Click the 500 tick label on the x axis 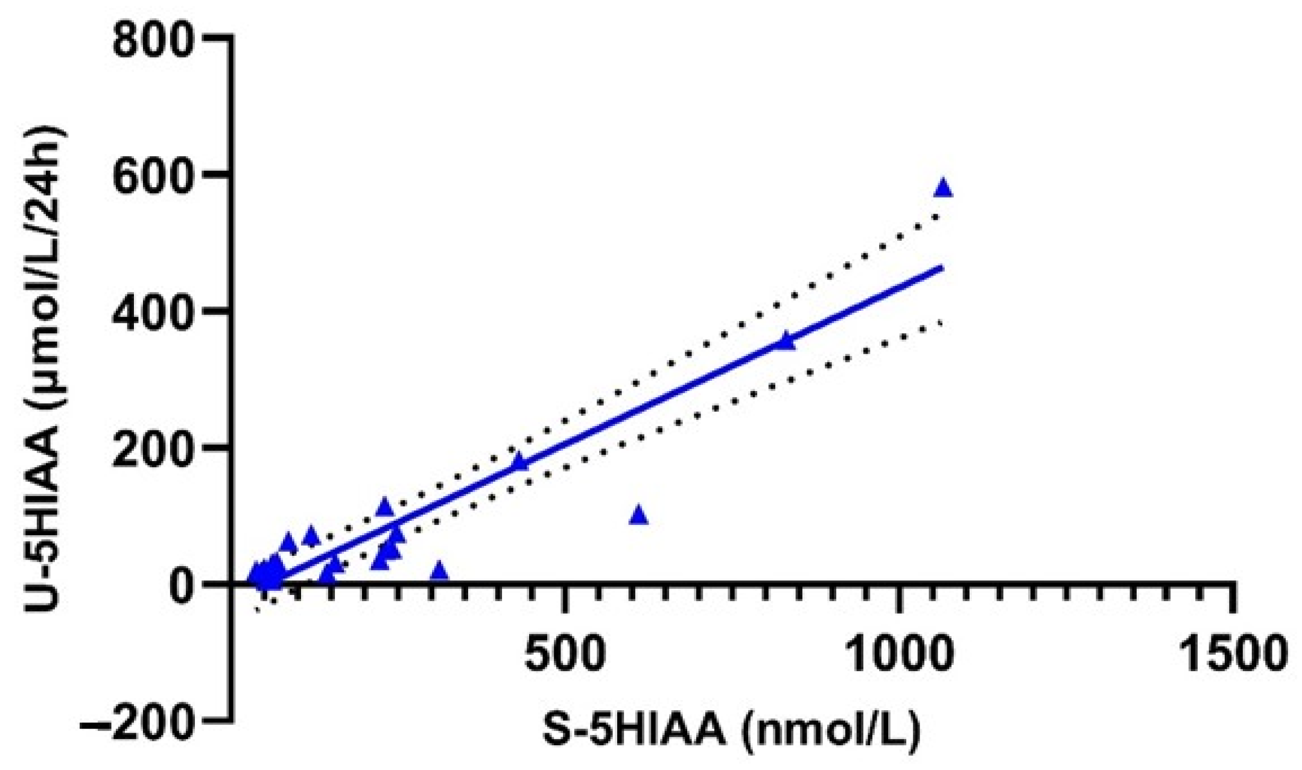point(565,655)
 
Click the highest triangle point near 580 point(943,189)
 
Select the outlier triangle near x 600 point(639,516)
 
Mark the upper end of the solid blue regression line point(941,267)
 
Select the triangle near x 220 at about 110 point(384,507)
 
